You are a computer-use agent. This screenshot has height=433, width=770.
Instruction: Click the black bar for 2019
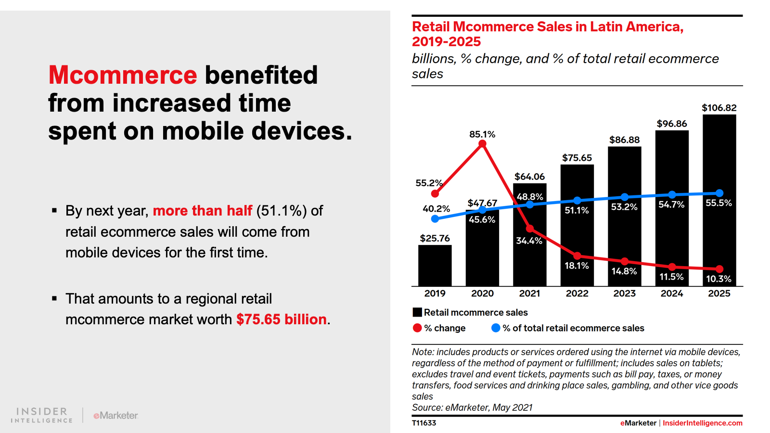coord(435,266)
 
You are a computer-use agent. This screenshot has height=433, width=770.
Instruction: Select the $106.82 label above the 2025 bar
coord(719,108)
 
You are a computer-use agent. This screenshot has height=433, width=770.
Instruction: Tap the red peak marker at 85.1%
coord(482,144)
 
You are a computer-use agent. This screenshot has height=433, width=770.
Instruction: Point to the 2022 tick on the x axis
coord(577,293)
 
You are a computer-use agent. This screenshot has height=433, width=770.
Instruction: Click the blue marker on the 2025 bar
coord(719,193)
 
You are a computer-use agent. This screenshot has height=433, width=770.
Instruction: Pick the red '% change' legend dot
coord(417,328)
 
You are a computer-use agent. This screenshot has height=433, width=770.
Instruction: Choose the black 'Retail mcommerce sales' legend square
coord(417,312)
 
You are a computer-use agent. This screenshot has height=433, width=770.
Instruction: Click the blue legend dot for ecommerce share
coord(496,328)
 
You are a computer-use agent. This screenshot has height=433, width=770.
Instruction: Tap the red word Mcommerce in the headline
coord(123,75)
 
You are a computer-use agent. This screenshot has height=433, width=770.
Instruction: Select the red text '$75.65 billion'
coord(282,319)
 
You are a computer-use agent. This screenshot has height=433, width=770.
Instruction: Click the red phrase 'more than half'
coord(203,211)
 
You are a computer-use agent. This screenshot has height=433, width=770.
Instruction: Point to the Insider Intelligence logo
coord(42,415)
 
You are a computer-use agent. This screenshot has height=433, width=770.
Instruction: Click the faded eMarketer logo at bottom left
coord(116,415)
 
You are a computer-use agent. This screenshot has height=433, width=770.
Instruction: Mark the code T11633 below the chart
coord(424,423)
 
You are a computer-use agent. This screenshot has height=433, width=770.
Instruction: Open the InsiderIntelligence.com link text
coord(702,423)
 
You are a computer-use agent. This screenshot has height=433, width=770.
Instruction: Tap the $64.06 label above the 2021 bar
coord(529,177)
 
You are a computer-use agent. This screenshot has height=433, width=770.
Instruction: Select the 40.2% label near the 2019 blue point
coord(436,209)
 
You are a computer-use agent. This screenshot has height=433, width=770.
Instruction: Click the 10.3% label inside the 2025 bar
coord(719,279)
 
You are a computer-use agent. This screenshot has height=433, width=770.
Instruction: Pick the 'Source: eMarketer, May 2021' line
coord(472,408)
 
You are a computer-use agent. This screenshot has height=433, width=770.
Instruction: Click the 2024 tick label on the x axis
coord(672,293)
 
